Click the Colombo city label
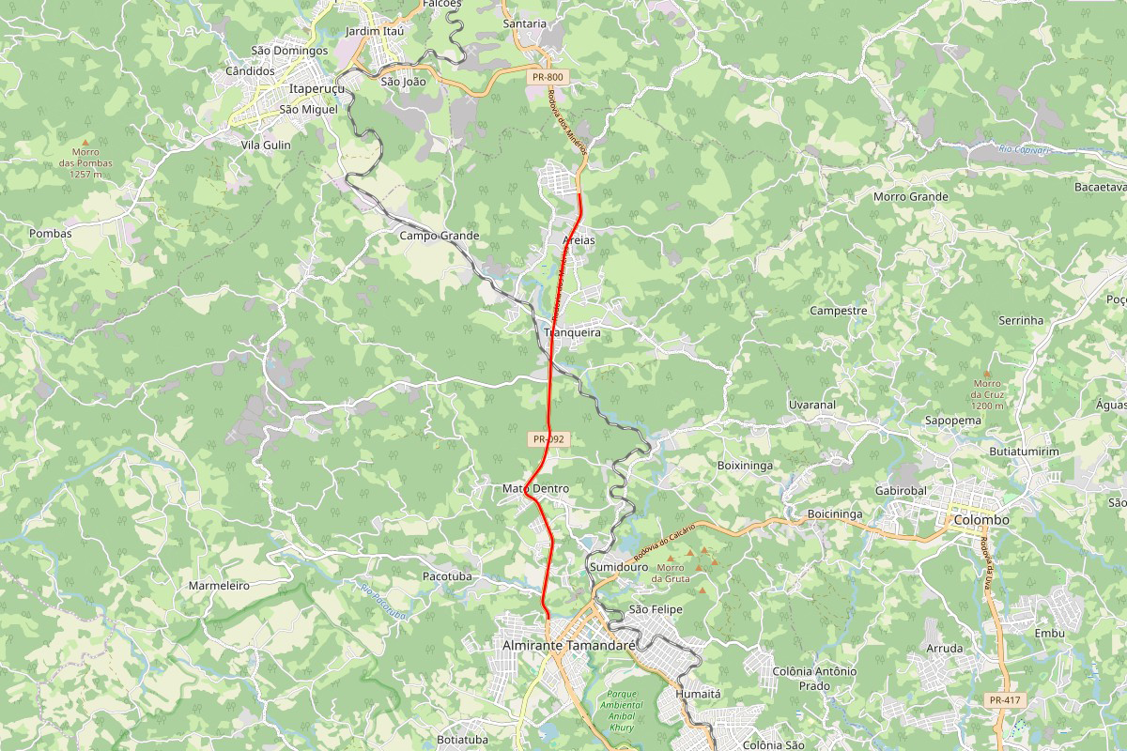(x=980, y=519)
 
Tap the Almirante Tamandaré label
(x=569, y=647)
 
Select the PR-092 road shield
(x=548, y=438)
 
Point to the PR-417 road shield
(x=1004, y=700)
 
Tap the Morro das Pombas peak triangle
(x=85, y=143)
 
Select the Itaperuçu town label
(x=317, y=88)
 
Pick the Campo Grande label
(x=440, y=236)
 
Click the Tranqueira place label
(x=572, y=332)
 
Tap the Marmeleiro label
(x=219, y=585)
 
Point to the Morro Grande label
(x=911, y=197)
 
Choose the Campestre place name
(x=838, y=310)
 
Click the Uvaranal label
(x=811, y=405)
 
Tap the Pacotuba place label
(x=447, y=575)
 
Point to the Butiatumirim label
(x=1024, y=452)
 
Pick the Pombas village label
(x=51, y=233)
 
